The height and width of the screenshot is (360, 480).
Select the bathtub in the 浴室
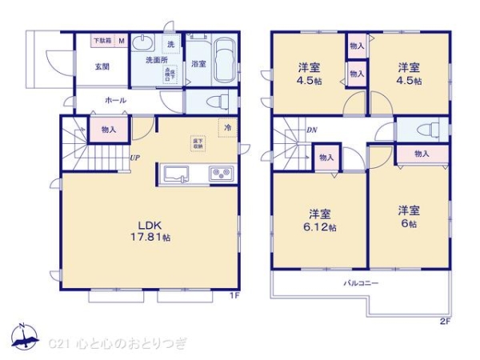(222, 59)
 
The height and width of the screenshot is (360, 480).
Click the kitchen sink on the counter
(174, 173)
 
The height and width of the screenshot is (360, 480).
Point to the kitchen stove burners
(220, 173)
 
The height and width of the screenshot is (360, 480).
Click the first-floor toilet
(213, 101)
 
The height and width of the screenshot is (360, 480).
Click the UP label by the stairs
(135, 158)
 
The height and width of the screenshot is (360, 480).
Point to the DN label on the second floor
(311, 130)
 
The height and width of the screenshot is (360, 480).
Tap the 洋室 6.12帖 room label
(321, 221)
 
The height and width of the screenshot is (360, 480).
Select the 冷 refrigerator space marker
(226, 128)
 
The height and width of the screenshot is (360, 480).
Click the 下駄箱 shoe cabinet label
(102, 41)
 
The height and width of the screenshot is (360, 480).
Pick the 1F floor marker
(234, 295)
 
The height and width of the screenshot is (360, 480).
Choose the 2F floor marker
(444, 322)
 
